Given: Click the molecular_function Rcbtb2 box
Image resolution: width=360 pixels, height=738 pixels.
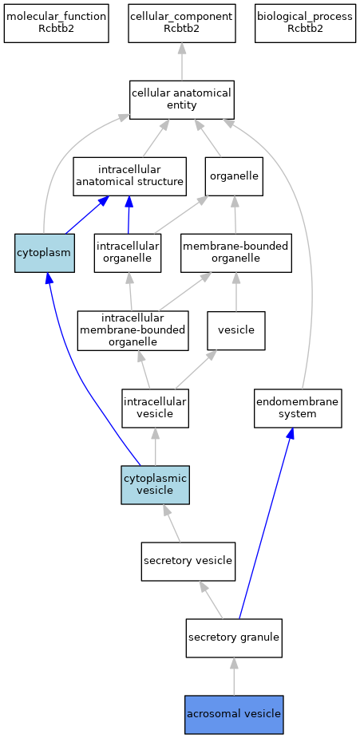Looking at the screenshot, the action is [57, 23].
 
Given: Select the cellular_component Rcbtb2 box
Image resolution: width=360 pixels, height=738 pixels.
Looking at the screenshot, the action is [182, 23].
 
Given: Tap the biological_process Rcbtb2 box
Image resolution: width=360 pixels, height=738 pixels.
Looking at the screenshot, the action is [305, 23].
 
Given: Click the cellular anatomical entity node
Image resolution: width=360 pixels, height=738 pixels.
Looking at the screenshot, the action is [182, 100].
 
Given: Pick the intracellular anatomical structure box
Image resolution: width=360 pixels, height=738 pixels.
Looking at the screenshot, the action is [130, 176].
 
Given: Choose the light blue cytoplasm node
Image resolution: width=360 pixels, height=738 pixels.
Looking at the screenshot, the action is [45, 253].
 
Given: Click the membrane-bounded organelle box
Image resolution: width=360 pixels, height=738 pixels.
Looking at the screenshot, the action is [236, 253].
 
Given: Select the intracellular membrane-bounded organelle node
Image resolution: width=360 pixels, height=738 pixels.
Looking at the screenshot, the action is [133, 330].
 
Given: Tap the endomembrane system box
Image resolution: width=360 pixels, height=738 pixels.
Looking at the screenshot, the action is [298, 408].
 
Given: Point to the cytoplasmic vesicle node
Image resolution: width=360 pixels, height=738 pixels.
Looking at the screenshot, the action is [156, 485].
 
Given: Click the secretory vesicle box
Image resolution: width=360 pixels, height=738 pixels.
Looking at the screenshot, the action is [188, 561].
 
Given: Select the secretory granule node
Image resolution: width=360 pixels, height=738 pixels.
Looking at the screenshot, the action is [234, 637].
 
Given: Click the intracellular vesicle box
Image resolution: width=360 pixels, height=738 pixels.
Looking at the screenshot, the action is [156, 408].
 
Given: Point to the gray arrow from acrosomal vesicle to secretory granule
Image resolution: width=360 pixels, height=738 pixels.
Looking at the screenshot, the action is [234, 677].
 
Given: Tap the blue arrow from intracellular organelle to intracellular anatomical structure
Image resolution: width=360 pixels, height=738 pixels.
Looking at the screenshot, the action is [129, 215].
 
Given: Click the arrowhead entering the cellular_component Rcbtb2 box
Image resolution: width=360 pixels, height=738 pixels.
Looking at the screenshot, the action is [182, 49].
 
